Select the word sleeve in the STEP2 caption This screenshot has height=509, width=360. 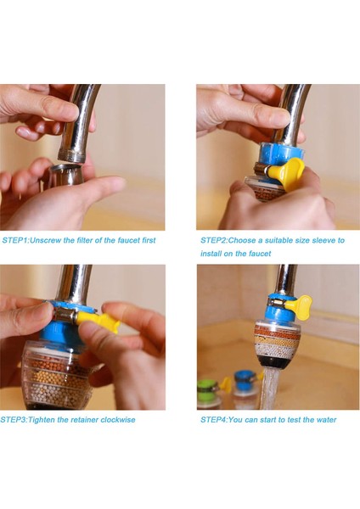[323, 241]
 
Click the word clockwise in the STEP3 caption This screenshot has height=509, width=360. [118, 420]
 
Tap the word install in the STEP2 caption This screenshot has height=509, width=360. [211, 254]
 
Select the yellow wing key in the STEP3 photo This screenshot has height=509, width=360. [98, 321]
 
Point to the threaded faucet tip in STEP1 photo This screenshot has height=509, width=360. [72, 155]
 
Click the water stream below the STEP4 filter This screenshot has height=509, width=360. [270, 389]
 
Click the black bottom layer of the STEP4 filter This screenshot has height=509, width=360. [276, 361]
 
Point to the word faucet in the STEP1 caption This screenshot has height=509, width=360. [129, 241]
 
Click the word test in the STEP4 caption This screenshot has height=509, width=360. [295, 420]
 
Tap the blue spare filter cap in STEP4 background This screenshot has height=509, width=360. [244, 380]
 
